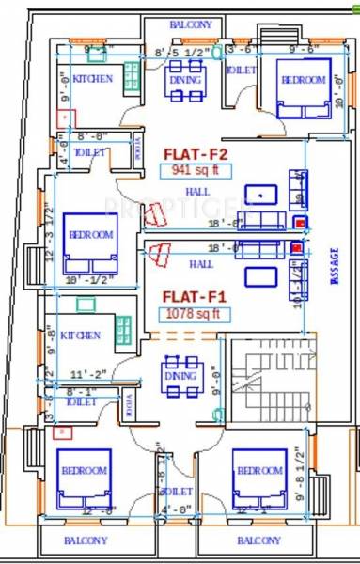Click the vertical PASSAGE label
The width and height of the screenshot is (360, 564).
pyautogui.click(x=333, y=262)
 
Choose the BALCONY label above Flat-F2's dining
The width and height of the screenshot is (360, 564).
pyautogui.click(x=191, y=24)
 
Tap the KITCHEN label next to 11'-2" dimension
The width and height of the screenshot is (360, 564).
pyautogui.click(x=80, y=336)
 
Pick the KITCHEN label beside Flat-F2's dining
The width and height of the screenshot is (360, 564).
pyautogui.click(x=93, y=79)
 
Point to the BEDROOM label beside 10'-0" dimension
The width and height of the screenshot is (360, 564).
pyautogui.click(x=303, y=80)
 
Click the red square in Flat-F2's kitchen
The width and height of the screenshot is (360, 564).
pyautogui.click(x=64, y=118)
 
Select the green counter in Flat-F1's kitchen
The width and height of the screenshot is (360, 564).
pyautogui.click(x=123, y=329)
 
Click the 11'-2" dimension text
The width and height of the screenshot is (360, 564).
pyautogui.click(x=84, y=374)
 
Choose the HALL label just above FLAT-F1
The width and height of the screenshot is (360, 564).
pyautogui.click(x=200, y=265)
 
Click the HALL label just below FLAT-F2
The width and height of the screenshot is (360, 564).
pyautogui.click(x=197, y=192)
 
